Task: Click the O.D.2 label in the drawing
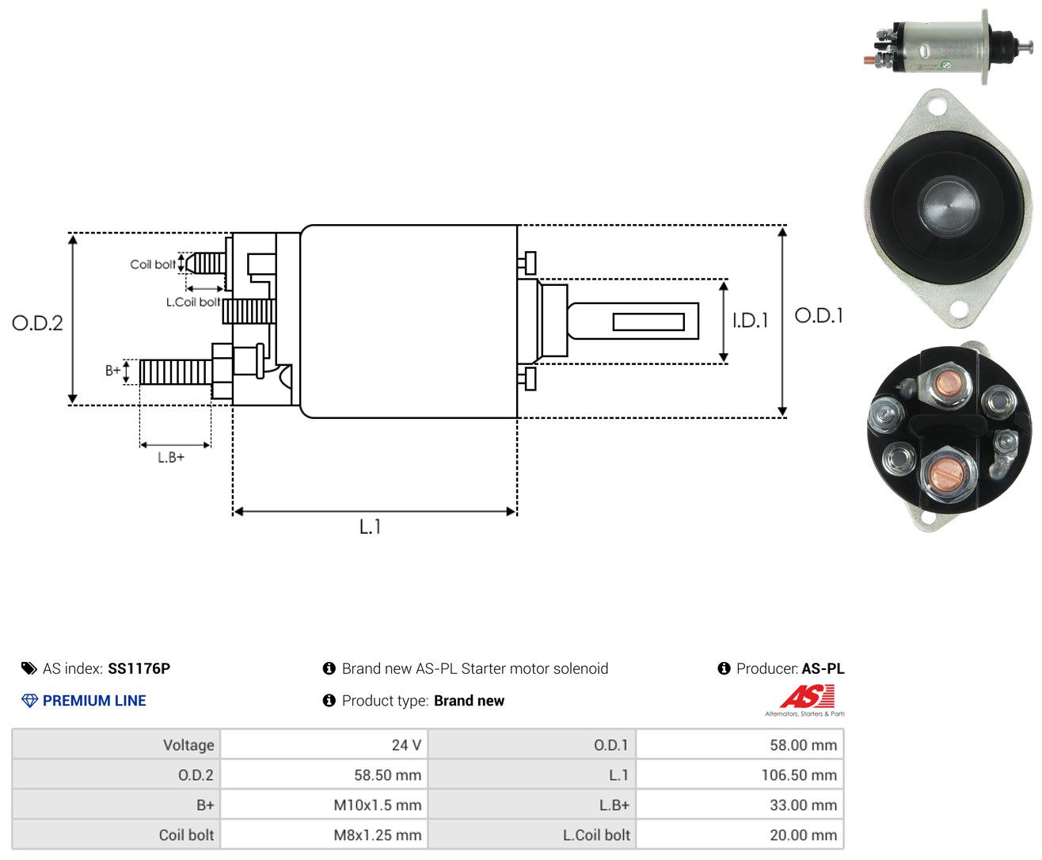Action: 37,323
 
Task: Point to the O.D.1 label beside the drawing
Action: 819,315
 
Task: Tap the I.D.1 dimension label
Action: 750,321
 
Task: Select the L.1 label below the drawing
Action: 370,527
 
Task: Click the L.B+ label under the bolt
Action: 171,457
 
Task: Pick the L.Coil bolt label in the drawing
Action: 192,302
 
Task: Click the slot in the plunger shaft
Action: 648,322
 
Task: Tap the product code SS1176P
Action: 139,668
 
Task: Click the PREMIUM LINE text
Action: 94,701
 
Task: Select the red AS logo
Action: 807,696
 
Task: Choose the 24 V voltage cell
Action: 325,744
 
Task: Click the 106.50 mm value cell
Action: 740,774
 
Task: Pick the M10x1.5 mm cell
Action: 325,805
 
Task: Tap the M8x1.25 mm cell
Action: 325,835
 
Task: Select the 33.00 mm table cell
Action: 740,805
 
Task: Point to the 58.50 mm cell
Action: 325,774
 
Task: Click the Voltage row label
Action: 188,745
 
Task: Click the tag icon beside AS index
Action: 29,669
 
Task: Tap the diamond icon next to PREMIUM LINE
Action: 29,701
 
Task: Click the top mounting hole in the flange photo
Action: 937,107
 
